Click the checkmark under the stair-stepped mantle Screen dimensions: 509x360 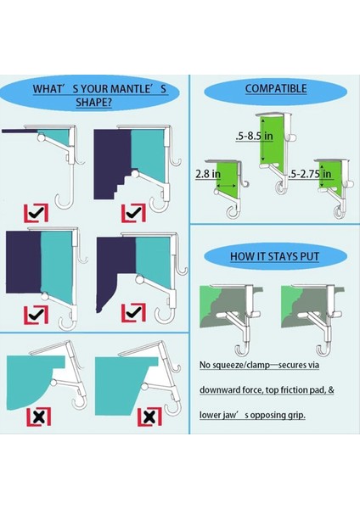click(x=132, y=212)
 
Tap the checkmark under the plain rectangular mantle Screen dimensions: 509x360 click(x=35, y=315)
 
